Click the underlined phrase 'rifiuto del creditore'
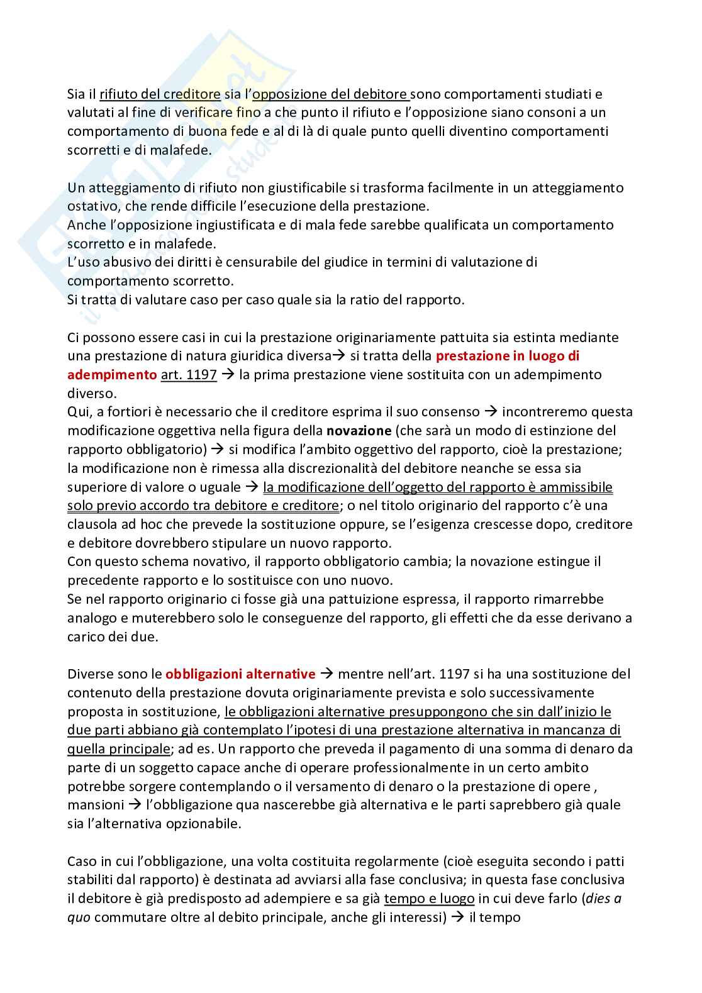click(160, 94)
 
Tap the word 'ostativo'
click(92, 206)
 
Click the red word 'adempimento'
click(112, 375)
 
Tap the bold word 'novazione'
click(357, 431)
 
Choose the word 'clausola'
click(92, 524)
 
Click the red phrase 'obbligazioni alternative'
click(240, 674)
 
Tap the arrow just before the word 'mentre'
click(327, 674)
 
